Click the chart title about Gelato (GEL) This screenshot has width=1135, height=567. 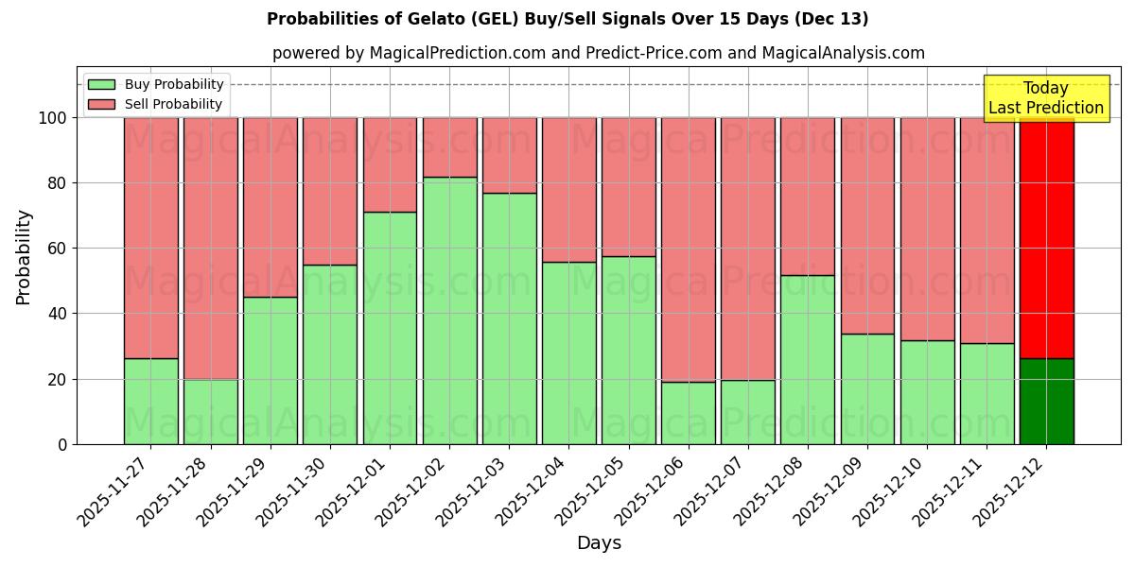(x=567, y=19)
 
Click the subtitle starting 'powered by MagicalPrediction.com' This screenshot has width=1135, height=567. (x=598, y=53)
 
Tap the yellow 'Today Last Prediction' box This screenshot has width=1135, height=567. (x=1045, y=98)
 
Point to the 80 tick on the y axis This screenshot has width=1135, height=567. (x=58, y=183)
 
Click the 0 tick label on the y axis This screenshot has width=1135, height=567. (x=62, y=444)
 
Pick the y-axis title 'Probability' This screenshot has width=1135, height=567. (x=24, y=257)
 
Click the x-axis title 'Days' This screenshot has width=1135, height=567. (x=599, y=543)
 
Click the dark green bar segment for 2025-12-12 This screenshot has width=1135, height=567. (x=1046, y=402)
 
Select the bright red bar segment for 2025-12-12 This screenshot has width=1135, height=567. (x=1046, y=236)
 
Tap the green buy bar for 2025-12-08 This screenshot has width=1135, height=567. (x=808, y=359)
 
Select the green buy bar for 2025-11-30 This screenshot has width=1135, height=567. (x=330, y=354)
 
